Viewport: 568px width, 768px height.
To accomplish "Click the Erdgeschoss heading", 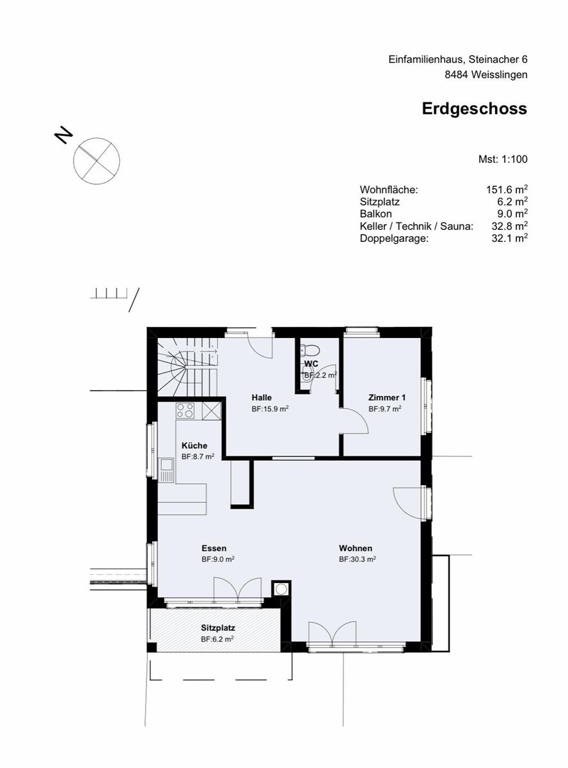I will tap(474, 109).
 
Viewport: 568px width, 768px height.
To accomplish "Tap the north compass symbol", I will tap(96, 160).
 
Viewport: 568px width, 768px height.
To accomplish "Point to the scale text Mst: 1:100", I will tap(503, 159).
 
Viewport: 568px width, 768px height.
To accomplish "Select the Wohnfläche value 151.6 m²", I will tap(507, 189).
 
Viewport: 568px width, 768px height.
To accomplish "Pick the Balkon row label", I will tap(375, 214).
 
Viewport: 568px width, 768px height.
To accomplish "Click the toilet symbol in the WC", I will tap(311, 350).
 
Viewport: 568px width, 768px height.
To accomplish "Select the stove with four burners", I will tap(185, 410).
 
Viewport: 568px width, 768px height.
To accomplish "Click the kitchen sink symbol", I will tap(167, 470).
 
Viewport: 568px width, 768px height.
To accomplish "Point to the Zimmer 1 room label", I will tap(386, 397).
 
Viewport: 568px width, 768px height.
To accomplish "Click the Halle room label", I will tap(261, 397).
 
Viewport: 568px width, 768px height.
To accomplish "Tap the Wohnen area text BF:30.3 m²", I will tap(357, 559).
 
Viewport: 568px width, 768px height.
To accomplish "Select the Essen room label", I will tap(214, 548).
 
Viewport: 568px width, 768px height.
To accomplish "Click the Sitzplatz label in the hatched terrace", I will tap(218, 628).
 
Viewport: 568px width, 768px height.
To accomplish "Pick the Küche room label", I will tap(194, 445).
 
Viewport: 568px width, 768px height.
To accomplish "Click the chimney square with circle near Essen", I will tap(281, 588).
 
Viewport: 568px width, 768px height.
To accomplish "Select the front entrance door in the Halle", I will tap(262, 346).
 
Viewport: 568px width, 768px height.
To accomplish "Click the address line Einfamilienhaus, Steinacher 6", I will tap(457, 59).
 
